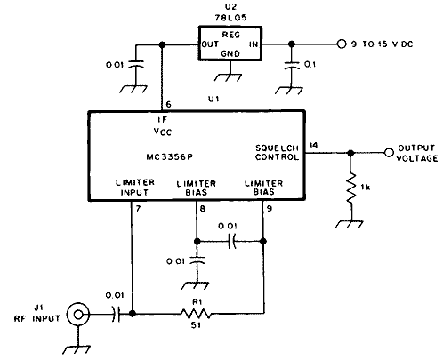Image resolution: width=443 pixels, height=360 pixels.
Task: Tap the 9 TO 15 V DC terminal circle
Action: pos(342,44)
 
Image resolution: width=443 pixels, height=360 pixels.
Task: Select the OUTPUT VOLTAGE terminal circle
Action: pos(389,153)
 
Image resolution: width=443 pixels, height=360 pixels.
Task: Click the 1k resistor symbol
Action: pos(351,188)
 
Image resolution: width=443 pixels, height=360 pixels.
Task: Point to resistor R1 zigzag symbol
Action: pos(196,314)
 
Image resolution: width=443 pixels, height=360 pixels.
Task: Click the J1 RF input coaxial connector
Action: pos(78,315)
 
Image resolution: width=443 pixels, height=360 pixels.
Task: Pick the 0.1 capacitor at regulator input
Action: pos(292,65)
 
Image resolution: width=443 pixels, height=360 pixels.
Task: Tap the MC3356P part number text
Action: pos(170,156)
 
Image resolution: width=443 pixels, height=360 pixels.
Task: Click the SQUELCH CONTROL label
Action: pos(277,153)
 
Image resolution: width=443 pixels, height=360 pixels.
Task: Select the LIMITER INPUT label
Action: pos(135,188)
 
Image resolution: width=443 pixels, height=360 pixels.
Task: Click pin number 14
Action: pos(313,145)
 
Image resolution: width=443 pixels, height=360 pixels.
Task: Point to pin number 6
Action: pos(168,104)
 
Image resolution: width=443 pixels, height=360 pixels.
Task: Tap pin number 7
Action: pos(138,209)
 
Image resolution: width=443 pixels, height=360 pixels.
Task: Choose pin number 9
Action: pos(270,209)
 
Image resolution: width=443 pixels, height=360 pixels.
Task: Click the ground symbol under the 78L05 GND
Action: pos(228,77)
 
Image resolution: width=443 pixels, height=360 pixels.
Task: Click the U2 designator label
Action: pos(230,6)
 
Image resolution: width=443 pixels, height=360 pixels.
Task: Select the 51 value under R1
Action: pos(196,325)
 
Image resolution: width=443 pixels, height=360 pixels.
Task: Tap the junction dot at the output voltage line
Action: pos(350,153)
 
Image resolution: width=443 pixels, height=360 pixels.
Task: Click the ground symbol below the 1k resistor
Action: pos(350,224)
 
